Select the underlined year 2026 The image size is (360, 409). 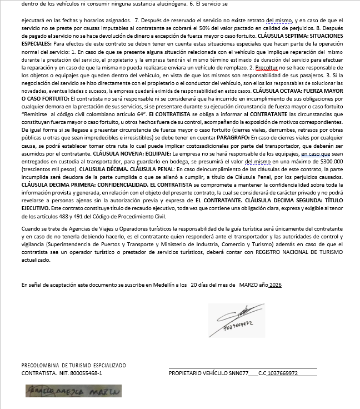[x=276, y=285]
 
